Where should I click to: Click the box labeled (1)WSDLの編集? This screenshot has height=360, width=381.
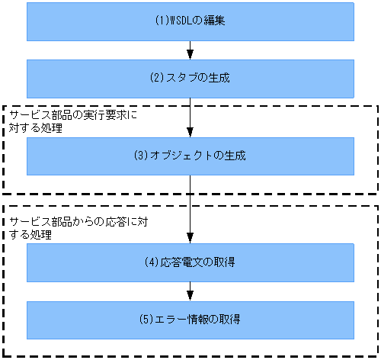click(190, 21)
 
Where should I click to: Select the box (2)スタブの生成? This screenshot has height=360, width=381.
click(190, 77)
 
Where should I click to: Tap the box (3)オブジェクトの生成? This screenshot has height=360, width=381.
click(190, 156)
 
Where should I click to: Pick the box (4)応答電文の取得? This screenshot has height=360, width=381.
click(190, 263)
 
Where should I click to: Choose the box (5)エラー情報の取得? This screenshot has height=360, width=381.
click(190, 320)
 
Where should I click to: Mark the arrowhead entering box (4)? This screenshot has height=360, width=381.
click(190, 239)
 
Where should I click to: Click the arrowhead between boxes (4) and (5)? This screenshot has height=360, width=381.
click(190, 296)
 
